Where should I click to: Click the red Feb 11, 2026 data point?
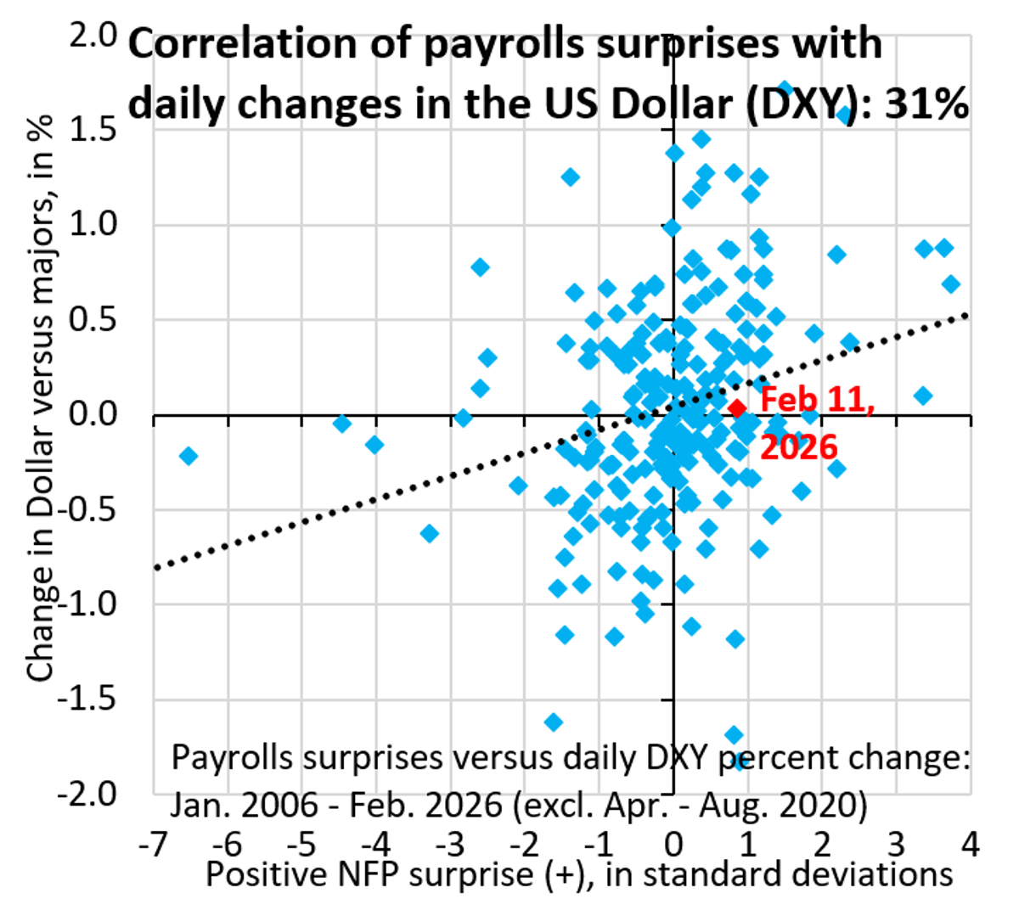tap(737, 408)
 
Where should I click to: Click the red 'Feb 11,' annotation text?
tap(816, 399)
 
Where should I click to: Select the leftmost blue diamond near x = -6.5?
tap(189, 456)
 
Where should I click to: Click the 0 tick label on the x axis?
tap(673, 845)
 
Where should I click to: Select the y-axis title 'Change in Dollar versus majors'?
tap(40, 399)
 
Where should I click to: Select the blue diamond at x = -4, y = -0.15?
tap(374, 444)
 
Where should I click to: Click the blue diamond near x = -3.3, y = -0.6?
tap(430, 533)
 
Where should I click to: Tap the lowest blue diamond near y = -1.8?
tap(740, 761)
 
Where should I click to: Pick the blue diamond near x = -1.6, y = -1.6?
tap(554, 722)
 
